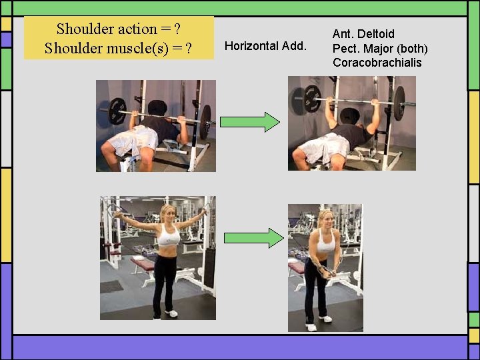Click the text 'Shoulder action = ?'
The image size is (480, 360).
[x=119, y=29]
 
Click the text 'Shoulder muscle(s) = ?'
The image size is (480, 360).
[x=119, y=49]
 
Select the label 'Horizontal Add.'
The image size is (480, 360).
[x=265, y=46]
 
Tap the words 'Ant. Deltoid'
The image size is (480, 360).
[x=363, y=33]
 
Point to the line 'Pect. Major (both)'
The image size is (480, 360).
[x=380, y=48]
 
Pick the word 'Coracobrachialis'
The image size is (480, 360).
[x=377, y=63]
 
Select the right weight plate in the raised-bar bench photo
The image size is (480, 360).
[x=399, y=103]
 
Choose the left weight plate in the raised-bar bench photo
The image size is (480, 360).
[x=312, y=99]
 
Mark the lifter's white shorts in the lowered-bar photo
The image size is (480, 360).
[x=134, y=141]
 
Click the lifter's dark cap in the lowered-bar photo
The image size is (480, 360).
[x=158, y=107]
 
